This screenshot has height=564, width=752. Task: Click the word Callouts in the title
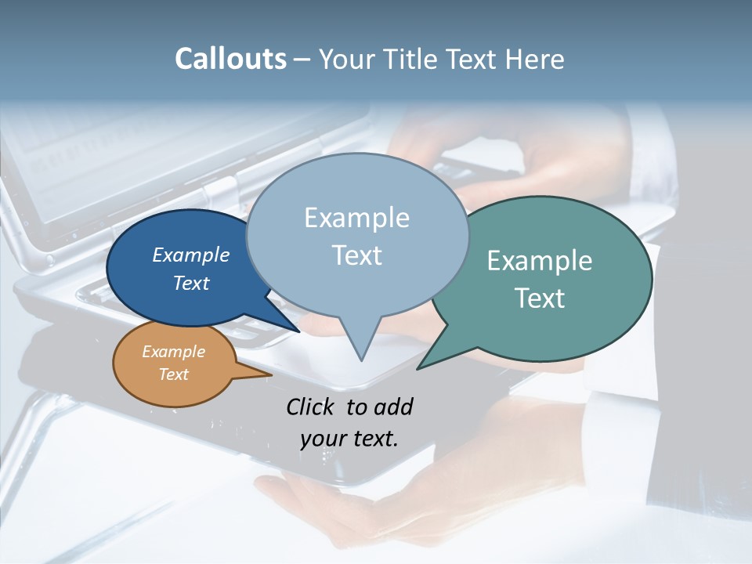[230, 59]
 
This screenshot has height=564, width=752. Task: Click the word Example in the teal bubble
[539, 261]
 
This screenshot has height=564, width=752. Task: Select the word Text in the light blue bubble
[356, 255]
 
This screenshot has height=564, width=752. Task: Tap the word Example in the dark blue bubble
[190, 255]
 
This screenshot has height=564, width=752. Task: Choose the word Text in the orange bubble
[173, 374]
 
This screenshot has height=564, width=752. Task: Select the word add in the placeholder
[393, 407]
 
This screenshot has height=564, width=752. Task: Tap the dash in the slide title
[302, 59]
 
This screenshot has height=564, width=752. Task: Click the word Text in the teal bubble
[540, 298]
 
